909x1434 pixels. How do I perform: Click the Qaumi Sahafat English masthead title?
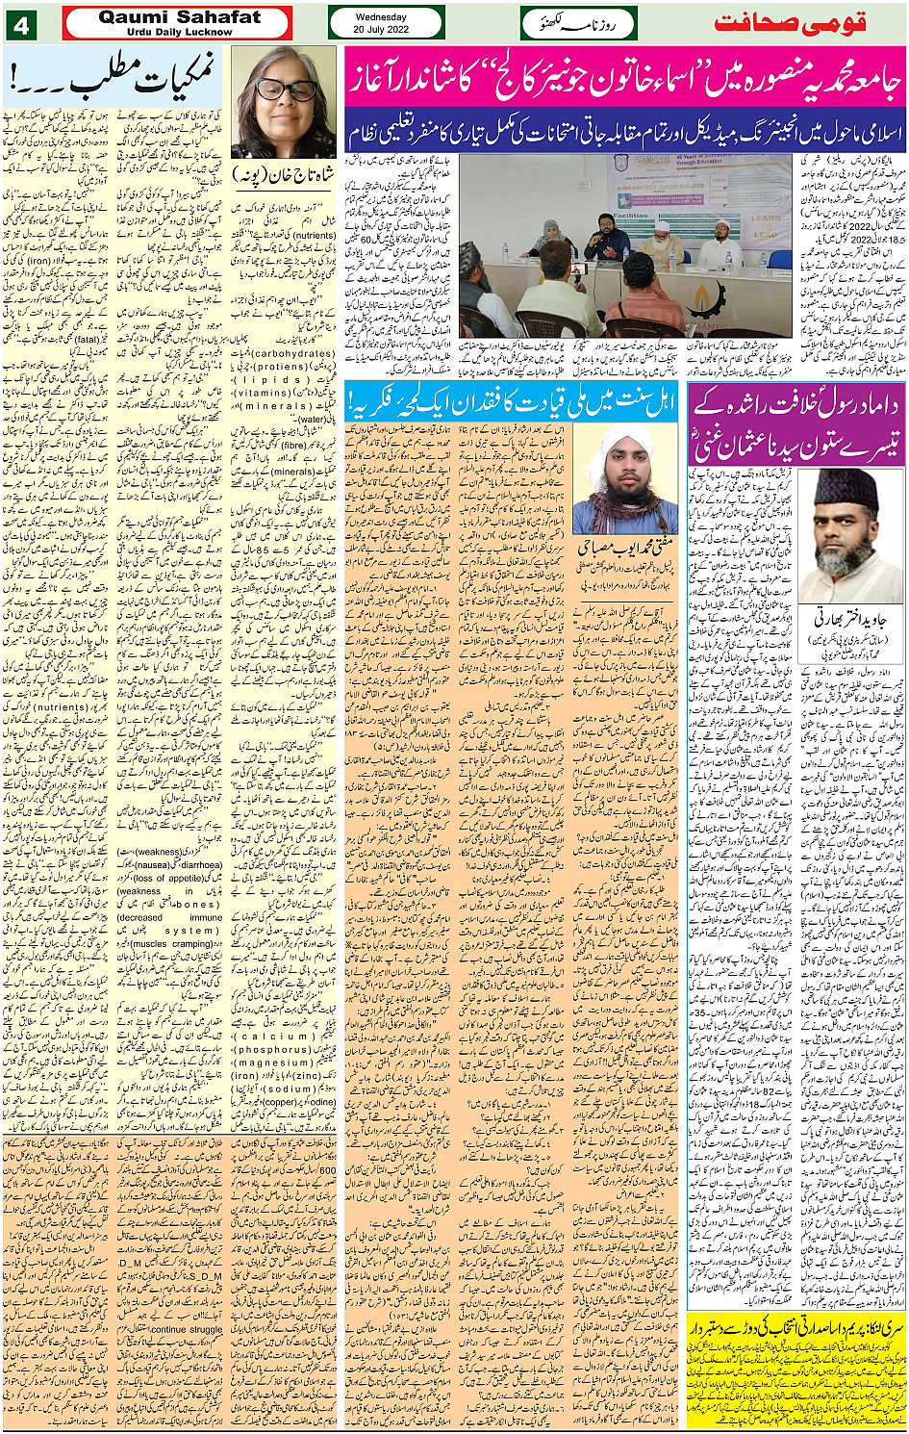pyautogui.click(x=179, y=17)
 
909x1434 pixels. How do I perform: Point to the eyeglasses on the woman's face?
pyautogui.click(x=286, y=90)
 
